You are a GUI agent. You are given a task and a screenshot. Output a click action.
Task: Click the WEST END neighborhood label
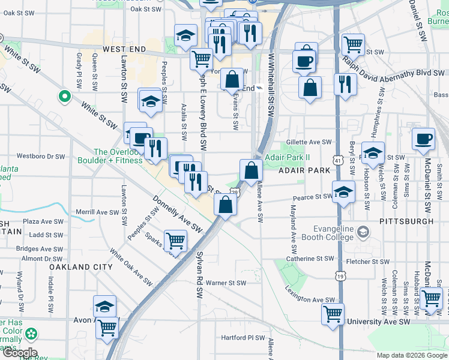coord(124,48)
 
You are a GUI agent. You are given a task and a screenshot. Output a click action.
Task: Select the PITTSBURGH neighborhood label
coord(406,221)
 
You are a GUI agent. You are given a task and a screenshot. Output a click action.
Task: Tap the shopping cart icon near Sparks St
coord(175,241)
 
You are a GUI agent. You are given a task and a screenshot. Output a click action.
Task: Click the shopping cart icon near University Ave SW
coord(333,313)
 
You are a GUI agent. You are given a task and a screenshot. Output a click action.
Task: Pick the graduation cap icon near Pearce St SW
coord(343,192)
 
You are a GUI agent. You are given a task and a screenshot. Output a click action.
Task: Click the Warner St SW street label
coord(226,283)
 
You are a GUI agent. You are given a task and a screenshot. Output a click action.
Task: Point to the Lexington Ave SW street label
coord(310,299)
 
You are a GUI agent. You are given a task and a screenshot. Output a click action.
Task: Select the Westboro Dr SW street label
coord(41,156)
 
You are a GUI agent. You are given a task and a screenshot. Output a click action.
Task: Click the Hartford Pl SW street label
coord(243,337)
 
